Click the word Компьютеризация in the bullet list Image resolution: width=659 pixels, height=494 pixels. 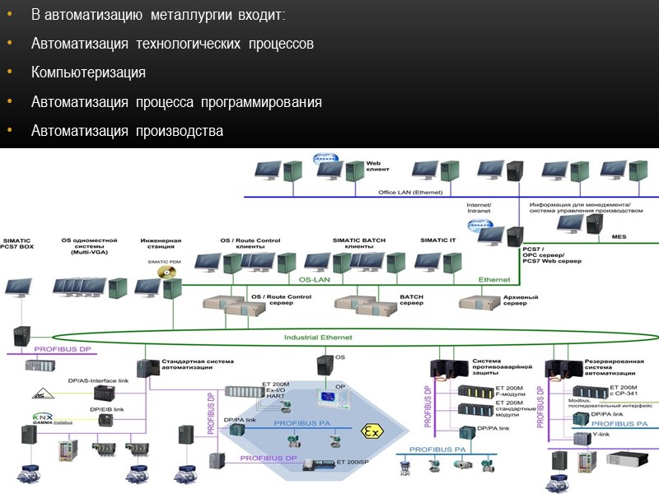click(88, 72)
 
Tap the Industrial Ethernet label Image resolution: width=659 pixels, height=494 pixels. click(318, 338)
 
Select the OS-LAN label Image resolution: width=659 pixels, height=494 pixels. click(314, 279)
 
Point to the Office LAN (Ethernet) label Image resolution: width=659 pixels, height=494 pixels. click(410, 192)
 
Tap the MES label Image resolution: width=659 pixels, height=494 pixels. click(619, 236)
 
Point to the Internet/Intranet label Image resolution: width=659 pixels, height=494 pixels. click(479, 207)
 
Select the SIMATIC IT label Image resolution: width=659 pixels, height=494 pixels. click(438, 240)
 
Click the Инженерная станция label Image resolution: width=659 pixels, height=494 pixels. click(161, 244)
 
